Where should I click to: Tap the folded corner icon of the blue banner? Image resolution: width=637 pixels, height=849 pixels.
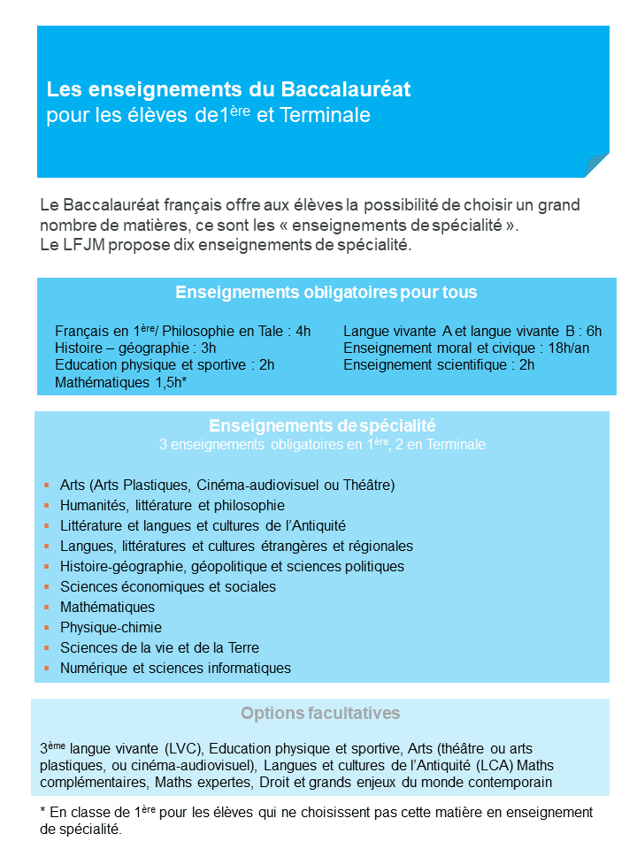coord(595,165)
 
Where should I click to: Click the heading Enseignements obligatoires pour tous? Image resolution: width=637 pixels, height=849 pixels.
coord(326,293)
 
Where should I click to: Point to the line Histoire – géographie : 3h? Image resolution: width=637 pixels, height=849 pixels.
coord(135,348)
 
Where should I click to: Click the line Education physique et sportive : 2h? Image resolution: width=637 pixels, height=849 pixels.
coord(165,365)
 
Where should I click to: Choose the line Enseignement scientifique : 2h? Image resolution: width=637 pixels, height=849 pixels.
coord(439,365)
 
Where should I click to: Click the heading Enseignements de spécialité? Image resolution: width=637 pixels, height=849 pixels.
coord(322,425)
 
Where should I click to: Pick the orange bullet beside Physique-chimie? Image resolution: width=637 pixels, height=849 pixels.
coord(45,627)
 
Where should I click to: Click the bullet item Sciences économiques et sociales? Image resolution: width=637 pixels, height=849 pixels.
coord(168,586)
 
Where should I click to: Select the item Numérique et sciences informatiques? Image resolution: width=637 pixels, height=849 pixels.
coord(175,668)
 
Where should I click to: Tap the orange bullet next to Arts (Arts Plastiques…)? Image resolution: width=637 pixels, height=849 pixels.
coord(45,485)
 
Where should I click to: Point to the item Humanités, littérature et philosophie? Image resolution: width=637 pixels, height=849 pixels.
coord(173,505)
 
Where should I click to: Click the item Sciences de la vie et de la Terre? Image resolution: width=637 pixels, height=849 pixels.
coord(159,647)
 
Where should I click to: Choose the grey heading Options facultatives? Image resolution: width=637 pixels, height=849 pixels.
coord(320,714)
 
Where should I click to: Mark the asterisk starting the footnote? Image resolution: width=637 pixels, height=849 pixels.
coord(43,811)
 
